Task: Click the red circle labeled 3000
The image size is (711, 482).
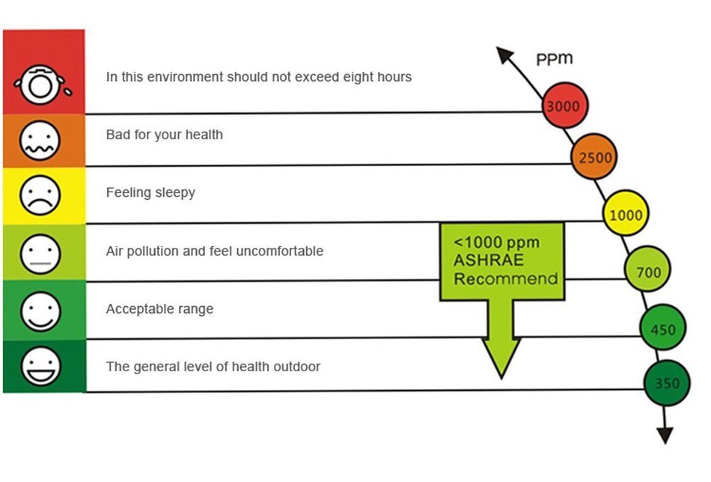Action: tap(565, 106)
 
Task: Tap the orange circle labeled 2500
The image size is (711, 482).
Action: tap(594, 156)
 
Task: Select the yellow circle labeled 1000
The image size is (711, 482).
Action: tap(626, 213)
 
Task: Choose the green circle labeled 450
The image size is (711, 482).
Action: tap(663, 327)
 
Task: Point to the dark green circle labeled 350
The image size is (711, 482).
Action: tap(667, 382)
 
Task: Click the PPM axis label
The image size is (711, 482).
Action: tap(555, 59)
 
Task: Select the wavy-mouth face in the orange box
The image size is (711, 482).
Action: tap(40, 141)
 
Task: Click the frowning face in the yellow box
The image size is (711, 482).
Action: tap(40, 195)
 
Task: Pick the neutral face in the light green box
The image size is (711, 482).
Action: tap(40, 254)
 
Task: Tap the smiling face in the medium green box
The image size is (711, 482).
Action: tap(40, 311)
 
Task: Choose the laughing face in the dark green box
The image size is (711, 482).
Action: tap(40, 367)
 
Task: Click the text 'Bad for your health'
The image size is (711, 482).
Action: tap(165, 135)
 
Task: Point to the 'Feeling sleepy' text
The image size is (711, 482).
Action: tap(150, 192)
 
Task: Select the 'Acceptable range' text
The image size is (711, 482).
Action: tap(159, 309)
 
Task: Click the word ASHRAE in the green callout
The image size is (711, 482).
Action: tap(489, 260)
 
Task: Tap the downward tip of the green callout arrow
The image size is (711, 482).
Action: tap(501, 378)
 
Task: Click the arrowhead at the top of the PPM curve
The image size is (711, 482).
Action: tap(504, 55)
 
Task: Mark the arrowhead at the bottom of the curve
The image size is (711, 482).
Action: tap(665, 436)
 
